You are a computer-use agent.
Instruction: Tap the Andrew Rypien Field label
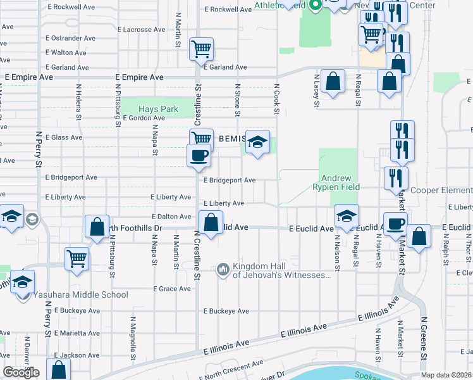click(336, 182)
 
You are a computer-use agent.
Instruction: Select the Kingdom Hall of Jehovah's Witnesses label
click(281, 270)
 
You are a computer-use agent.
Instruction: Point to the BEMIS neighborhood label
click(230, 138)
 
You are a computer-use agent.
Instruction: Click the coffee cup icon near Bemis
click(199, 156)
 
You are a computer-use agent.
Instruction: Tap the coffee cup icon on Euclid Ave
click(396, 224)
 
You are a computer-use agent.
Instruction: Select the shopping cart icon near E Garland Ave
click(201, 49)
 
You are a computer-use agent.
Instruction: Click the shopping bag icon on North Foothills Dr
click(97, 227)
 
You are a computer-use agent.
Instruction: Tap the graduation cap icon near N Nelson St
click(347, 216)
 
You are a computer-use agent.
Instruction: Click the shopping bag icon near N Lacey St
click(333, 82)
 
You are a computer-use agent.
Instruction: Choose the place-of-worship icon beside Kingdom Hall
click(223, 270)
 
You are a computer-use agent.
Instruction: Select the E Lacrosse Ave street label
click(142, 29)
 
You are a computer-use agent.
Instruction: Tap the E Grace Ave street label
click(171, 289)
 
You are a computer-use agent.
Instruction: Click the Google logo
click(21, 372)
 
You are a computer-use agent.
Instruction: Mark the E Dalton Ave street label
click(171, 217)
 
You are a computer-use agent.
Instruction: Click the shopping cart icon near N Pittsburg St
click(77, 257)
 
